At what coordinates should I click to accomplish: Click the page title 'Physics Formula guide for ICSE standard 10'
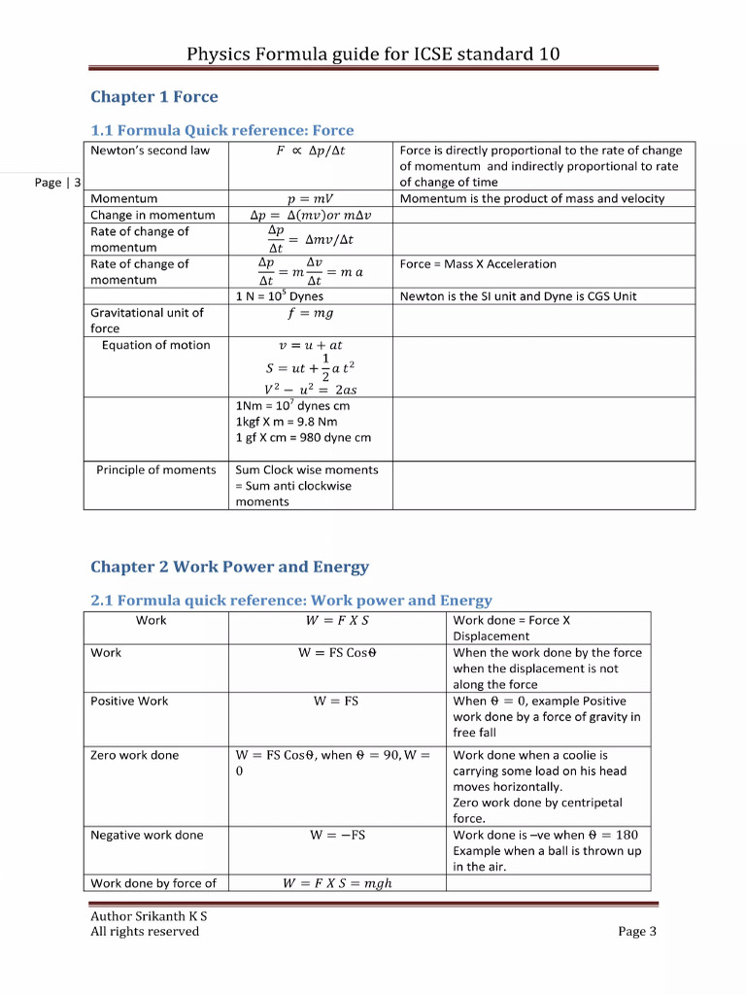pyautogui.click(x=373, y=53)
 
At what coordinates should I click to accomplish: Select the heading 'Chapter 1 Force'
pyautogui.click(x=153, y=97)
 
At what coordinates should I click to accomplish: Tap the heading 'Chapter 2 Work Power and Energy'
pyautogui.click(x=229, y=567)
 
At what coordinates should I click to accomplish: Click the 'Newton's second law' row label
pyautogui.click(x=150, y=151)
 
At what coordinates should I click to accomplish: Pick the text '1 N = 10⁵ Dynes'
pyautogui.click(x=280, y=296)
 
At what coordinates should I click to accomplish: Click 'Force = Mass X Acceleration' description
pyautogui.click(x=478, y=264)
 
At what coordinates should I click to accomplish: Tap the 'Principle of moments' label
pyautogui.click(x=156, y=470)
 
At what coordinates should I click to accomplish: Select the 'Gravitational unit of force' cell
pyautogui.click(x=147, y=321)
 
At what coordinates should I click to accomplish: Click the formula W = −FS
pyautogui.click(x=337, y=836)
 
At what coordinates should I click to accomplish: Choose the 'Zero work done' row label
pyautogui.click(x=135, y=755)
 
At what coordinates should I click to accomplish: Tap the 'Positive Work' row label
pyautogui.click(x=129, y=702)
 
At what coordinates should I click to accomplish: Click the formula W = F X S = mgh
pyautogui.click(x=337, y=883)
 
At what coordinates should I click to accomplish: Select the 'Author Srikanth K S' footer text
pyautogui.click(x=149, y=916)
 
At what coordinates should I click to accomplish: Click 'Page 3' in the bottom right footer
pyautogui.click(x=637, y=932)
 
